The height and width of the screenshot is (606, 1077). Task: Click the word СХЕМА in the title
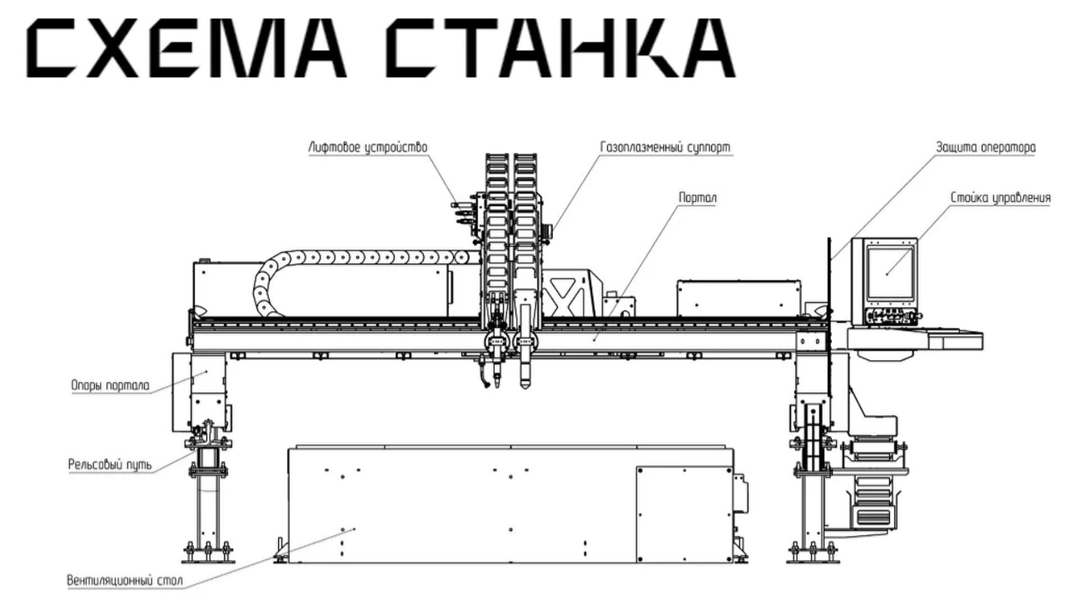[x=186, y=48]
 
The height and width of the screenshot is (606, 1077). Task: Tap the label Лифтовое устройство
[x=368, y=148]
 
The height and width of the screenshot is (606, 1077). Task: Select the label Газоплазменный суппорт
[x=665, y=148]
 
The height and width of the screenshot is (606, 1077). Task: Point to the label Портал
[x=698, y=198]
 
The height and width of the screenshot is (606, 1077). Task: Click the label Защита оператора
[x=986, y=148]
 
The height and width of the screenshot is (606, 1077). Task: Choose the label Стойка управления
[x=1000, y=198]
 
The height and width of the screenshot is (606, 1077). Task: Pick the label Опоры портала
[x=111, y=385]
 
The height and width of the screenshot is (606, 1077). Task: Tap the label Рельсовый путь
[x=110, y=465]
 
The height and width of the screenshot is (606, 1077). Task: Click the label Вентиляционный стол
[x=125, y=580]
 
